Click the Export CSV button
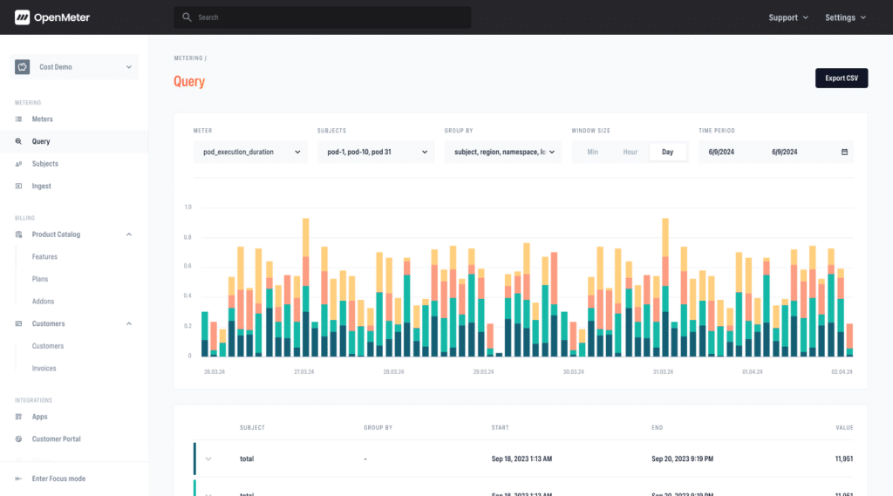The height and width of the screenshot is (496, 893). click(x=842, y=78)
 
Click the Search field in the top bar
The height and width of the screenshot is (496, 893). click(x=323, y=17)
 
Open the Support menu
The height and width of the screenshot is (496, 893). click(x=787, y=17)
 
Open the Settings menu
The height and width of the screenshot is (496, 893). click(x=845, y=17)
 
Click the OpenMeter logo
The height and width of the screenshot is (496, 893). click(x=52, y=17)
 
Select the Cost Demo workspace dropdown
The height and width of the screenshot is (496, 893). click(x=74, y=67)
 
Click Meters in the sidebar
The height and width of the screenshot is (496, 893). click(x=43, y=119)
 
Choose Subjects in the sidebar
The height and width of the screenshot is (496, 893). click(x=44, y=164)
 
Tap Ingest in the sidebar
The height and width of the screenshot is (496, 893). click(x=41, y=187)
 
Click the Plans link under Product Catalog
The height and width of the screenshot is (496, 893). click(x=40, y=279)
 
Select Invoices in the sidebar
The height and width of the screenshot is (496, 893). click(x=44, y=369)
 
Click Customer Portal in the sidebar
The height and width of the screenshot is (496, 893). click(x=56, y=439)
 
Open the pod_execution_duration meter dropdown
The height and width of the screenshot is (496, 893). click(x=250, y=152)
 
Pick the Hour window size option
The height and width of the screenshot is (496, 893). click(x=631, y=152)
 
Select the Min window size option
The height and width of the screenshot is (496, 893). click(x=593, y=152)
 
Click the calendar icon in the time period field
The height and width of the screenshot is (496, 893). click(x=844, y=152)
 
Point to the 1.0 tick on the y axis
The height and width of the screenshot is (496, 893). click(x=187, y=207)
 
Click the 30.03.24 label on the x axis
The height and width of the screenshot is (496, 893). click(x=573, y=371)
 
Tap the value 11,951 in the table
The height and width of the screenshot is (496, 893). click(x=843, y=459)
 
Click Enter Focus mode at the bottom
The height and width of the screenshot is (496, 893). click(x=58, y=479)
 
